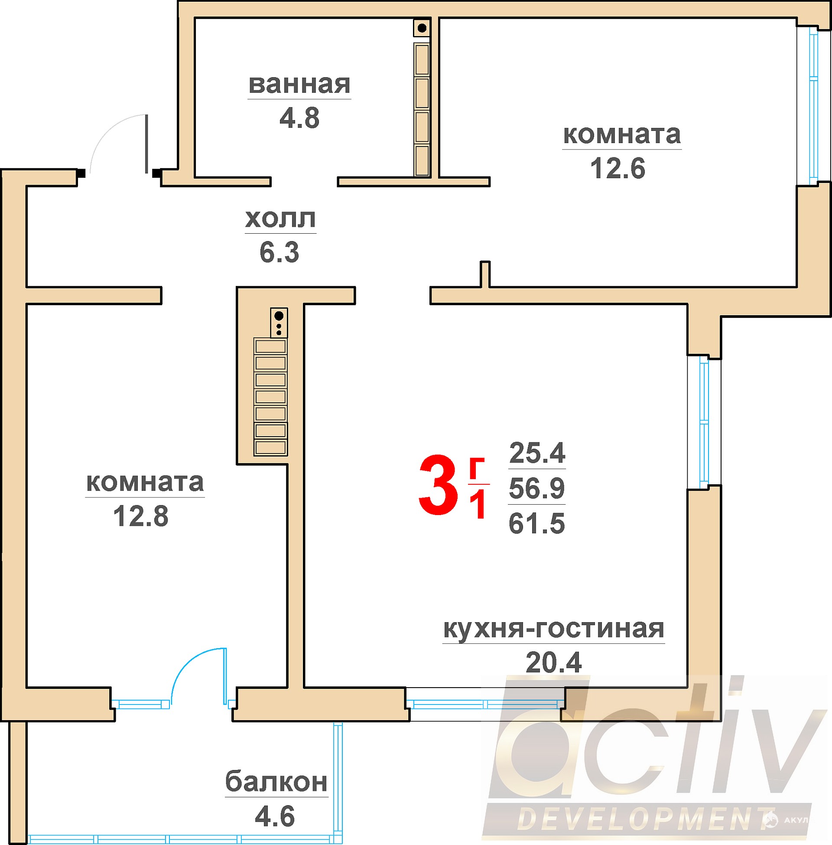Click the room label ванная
click(x=299, y=85)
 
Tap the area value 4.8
click(x=299, y=118)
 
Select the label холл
click(x=280, y=219)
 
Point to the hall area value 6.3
click(x=279, y=252)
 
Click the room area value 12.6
click(x=617, y=168)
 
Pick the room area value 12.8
click(x=141, y=516)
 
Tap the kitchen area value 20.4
click(x=554, y=663)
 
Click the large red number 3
click(x=438, y=485)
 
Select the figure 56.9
click(x=537, y=488)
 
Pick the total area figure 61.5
click(x=537, y=523)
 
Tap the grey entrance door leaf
click(x=146, y=144)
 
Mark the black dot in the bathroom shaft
click(x=422, y=29)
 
